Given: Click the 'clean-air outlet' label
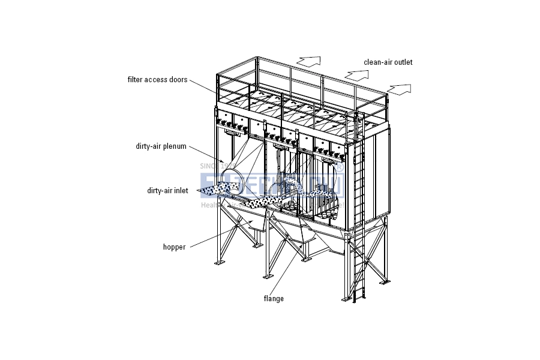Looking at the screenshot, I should click(388, 62).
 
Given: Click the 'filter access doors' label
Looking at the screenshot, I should click(157, 79).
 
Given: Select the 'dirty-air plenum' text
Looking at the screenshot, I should click(161, 146).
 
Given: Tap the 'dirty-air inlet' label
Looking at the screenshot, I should click(167, 191).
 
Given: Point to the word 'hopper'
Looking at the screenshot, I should click(174, 247).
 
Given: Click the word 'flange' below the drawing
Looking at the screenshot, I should click(274, 298).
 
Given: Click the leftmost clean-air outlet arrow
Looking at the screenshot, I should click(309, 61).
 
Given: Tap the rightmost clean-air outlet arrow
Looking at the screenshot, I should click(400, 89).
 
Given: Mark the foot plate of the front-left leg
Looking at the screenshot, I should click(219, 263).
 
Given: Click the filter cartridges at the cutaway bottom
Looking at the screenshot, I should click(327, 213).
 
